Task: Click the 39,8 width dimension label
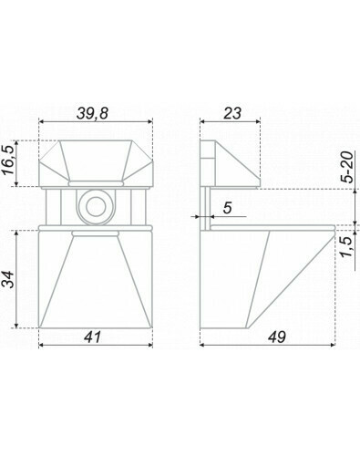(x=92, y=114)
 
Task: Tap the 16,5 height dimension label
(x=9, y=160)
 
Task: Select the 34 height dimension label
(x=9, y=279)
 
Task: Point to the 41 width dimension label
(x=92, y=337)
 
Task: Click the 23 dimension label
(x=232, y=113)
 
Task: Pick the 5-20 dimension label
(x=348, y=167)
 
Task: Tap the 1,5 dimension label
(x=348, y=246)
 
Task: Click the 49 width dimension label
(x=277, y=337)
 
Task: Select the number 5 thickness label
(x=228, y=208)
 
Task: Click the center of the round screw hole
(x=96, y=207)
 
